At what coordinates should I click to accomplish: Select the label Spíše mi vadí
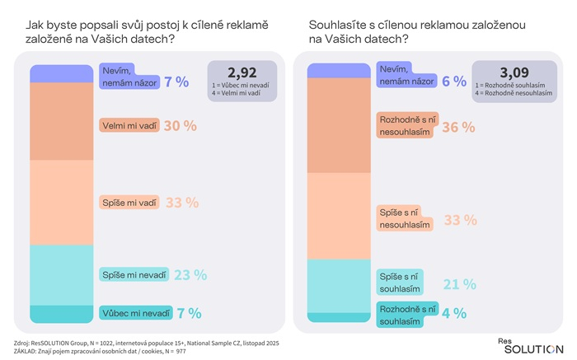(x=128, y=203)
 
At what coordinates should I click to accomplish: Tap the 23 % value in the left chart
(x=190, y=275)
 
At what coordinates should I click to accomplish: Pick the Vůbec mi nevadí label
(x=135, y=314)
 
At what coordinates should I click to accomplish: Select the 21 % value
(x=458, y=283)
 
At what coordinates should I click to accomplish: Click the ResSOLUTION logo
(x=530, y=344)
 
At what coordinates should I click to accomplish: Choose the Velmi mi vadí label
(x=129, y=126)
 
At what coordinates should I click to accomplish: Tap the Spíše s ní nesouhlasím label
(x=405, y=218)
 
